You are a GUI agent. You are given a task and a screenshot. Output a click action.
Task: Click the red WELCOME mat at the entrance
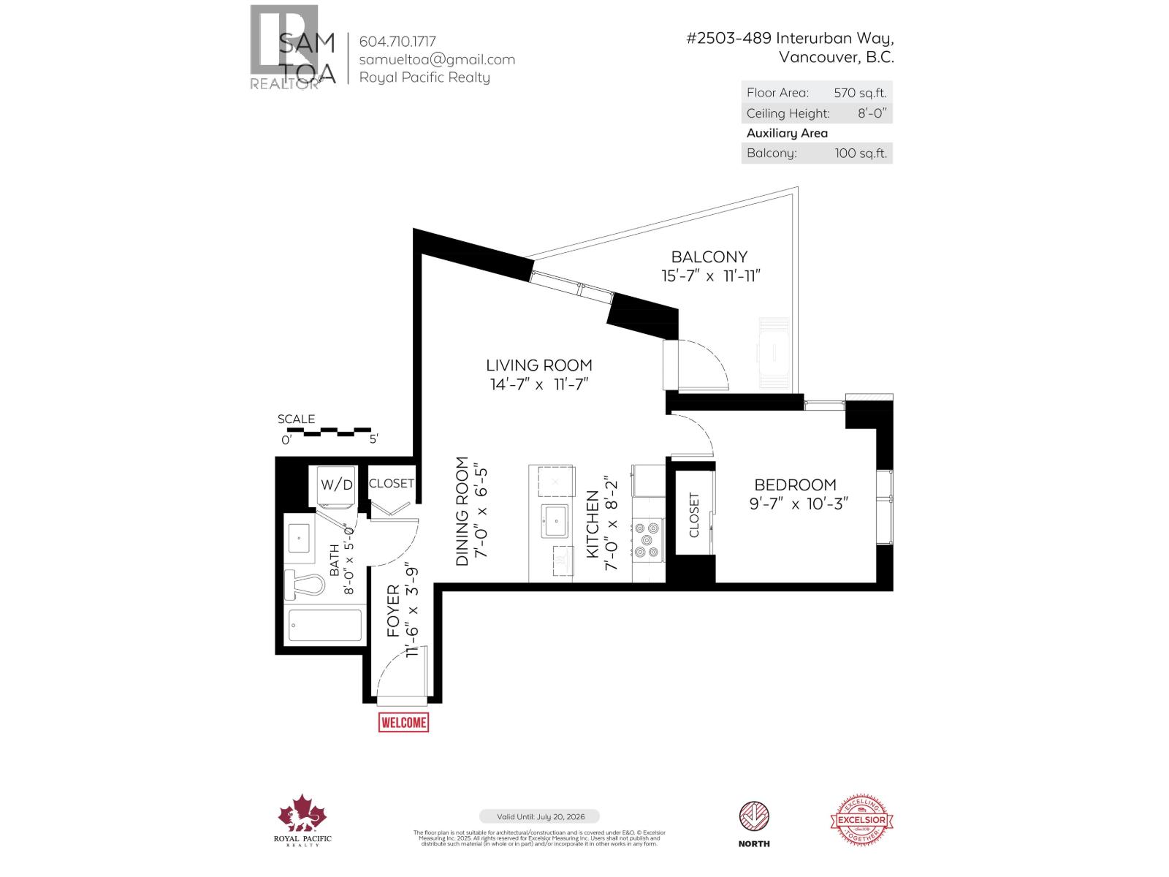click(403, 722)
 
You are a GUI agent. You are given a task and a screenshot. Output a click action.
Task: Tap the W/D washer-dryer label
click(337, 485)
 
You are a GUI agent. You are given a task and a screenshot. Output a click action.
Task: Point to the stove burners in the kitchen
click(647, 539)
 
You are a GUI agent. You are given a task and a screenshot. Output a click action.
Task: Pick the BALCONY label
click(709, 257)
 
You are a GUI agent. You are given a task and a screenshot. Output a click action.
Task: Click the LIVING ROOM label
click(539, 365)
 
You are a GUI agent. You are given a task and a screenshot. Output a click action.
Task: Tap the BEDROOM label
click(795, 485)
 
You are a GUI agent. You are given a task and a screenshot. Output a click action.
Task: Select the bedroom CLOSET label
click(694, 515)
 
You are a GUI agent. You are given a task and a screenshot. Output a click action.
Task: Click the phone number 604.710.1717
click(397, 42)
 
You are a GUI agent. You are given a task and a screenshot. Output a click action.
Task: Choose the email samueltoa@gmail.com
click(437, 60)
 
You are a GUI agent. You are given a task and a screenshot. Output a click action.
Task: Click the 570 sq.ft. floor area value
click(860, 93)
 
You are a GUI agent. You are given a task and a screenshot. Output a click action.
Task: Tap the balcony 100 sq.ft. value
click(861, 153)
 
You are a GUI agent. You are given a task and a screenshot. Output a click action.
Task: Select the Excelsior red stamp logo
click(862, 820)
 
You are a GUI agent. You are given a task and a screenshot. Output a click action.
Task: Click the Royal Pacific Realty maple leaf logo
click(302, 813)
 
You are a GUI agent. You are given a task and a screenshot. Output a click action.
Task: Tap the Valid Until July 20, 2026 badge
click(539, 816)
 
